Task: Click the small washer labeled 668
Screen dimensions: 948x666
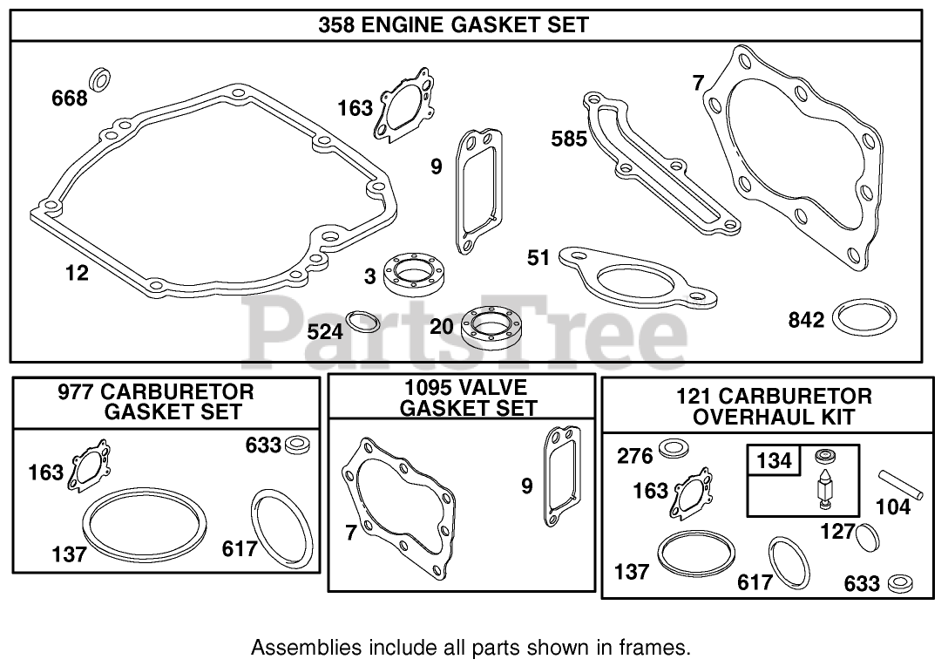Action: coord(100,78)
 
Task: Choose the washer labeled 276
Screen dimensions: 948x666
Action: coord(672,450)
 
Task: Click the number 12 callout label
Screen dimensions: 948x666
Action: coord(77,273)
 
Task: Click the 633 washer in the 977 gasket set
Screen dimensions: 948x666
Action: coord(296,445)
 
